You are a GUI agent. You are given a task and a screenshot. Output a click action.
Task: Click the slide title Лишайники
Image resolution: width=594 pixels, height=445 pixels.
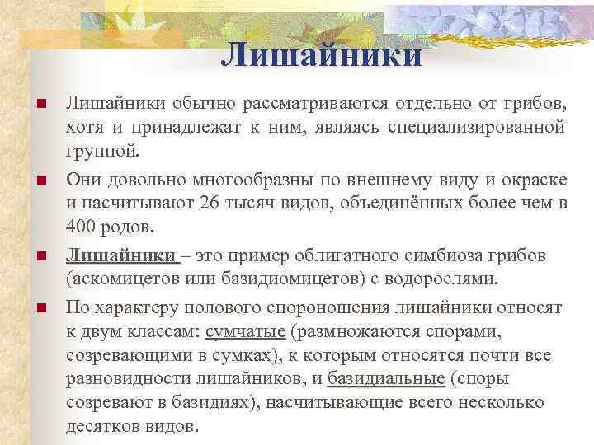(322, 54)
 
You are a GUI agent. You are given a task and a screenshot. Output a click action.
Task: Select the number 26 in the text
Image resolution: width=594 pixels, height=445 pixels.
(224, 204)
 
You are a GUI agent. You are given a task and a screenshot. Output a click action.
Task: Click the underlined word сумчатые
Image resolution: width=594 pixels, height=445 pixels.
(245, 331)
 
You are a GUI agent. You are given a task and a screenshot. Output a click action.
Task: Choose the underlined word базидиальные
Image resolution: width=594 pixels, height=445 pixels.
(385, 379)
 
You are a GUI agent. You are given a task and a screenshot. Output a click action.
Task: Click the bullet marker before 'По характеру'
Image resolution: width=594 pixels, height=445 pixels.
(39, 308)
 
